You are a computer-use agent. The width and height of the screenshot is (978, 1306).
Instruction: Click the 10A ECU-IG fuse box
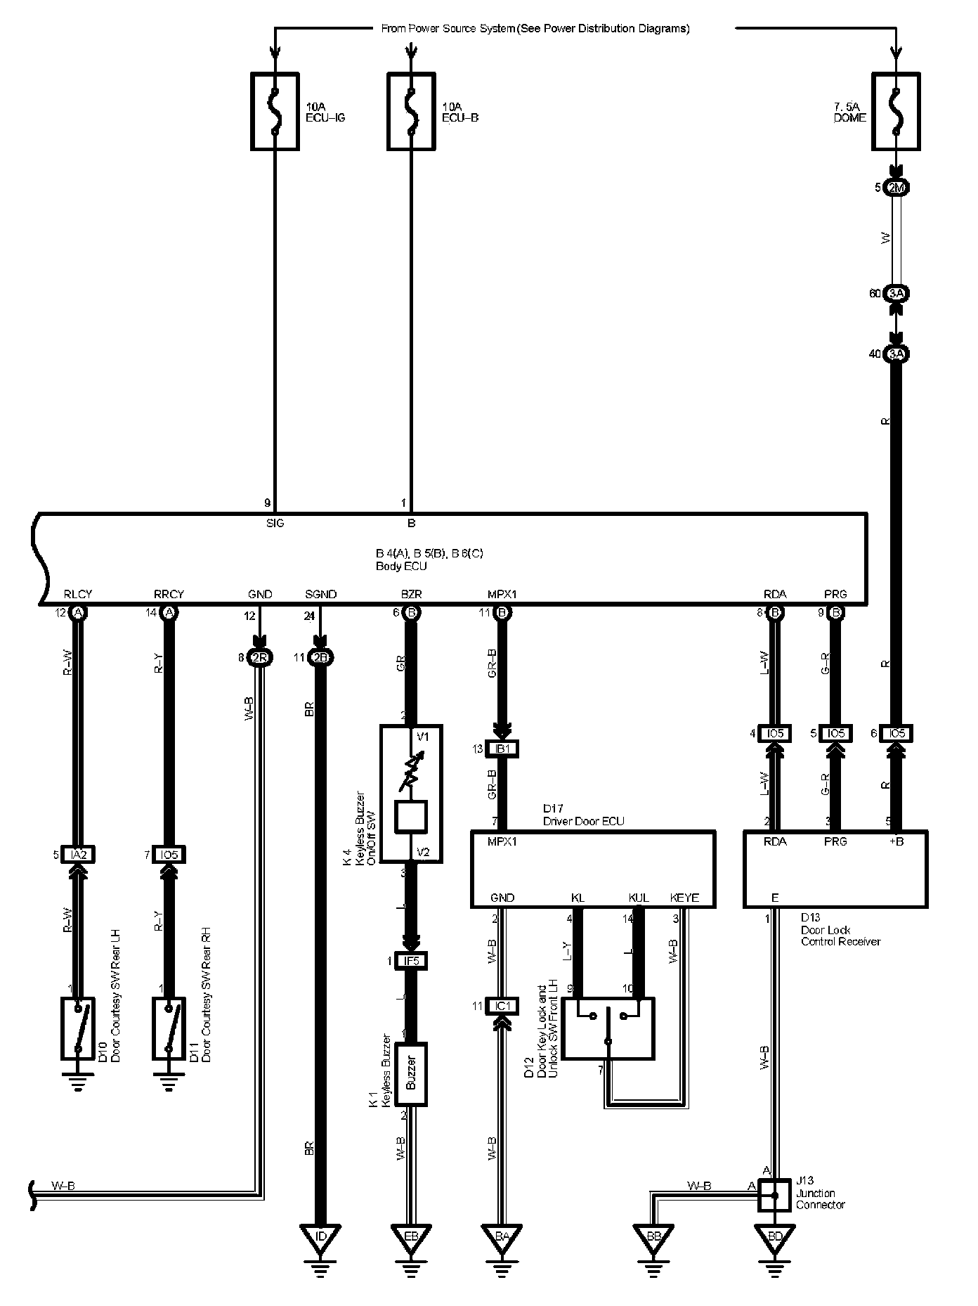[x=275, y=111]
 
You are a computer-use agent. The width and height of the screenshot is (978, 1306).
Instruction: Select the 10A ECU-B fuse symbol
[x=411, y=111]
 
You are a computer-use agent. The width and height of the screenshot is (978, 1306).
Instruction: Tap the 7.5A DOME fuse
[x=896, y=111]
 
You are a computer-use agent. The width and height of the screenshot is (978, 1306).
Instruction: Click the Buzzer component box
[x=411, y=1074]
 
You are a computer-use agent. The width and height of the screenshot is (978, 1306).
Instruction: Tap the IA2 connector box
[x=78, y=855]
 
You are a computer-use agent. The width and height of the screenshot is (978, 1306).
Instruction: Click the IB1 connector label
[x=502, y=749]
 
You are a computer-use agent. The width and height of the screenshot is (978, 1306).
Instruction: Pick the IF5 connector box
[x=411, y=961]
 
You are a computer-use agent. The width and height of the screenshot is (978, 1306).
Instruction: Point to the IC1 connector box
[x=502, y=1007]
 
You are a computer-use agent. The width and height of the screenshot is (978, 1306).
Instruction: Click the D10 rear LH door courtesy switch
[x=78, y=1028]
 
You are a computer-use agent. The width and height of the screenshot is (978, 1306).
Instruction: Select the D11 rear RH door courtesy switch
[x=169, y=1028]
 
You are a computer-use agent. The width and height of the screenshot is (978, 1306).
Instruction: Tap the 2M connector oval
[x=896, y=188]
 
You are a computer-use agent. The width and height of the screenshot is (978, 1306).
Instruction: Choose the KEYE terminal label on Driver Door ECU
[x=684, y=898]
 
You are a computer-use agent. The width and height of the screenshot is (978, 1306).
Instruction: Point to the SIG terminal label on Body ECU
[x=275, y=523]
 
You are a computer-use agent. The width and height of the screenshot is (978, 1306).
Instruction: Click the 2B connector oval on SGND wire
[x=320, y=658]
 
